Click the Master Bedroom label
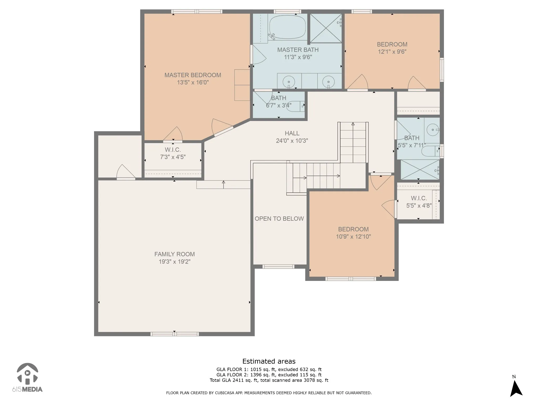[193, 75]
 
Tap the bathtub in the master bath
[288, 27]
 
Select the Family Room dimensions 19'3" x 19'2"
[174, 261]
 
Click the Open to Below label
[279, 219]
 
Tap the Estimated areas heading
[269, 361]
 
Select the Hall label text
[292, 133]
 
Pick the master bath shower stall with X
[326, 28]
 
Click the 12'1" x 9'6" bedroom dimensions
[392, 52]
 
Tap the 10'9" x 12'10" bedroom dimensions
[353, 236]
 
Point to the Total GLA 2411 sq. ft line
[269, 380]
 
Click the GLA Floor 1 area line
[269, 369]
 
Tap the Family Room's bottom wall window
[175, 334]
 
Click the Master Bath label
[298, 50]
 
